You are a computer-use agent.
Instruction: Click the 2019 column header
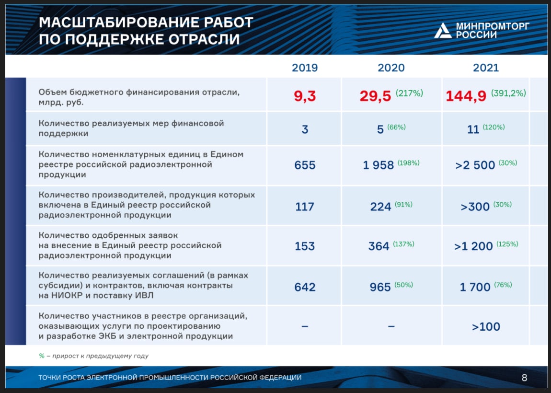tap(305, 68)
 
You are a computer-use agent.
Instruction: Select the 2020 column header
tap(391, 68)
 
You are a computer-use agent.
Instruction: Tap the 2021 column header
tap(486, 68)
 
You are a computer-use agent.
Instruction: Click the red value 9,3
tap(305, 96)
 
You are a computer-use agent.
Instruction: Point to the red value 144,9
tap(466, 96)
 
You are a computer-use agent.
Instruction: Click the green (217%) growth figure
tap(409, 93)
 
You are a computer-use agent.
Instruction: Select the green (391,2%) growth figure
tap(508, 93)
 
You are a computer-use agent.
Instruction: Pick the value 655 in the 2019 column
tap(305, 165)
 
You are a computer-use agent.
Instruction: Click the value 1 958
tap(378, 165)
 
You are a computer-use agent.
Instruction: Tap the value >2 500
tap(475, 165)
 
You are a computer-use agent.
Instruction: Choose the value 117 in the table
tap(304, 207)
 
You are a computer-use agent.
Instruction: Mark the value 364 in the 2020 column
tap(379, 246)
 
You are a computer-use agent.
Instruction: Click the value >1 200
tap(473, 246)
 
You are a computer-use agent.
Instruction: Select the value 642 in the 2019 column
tap(305, 287)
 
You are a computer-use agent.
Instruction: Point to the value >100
tap(486, 326)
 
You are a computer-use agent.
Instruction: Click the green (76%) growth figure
tap(503, 285)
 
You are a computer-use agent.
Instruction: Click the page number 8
tap(524, 378)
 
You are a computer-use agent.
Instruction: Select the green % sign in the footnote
tap(42, 356)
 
